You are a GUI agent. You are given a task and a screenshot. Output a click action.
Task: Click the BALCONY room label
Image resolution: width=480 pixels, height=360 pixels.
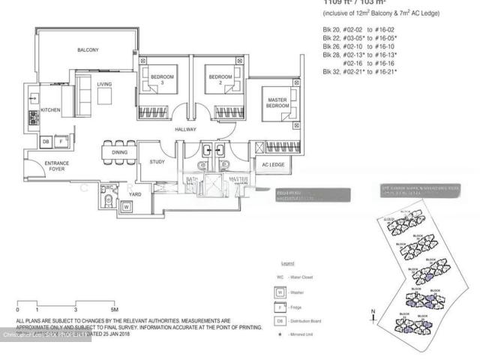coord(88,50)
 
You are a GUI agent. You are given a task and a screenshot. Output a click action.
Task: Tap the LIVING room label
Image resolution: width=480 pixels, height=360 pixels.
coord(104,84)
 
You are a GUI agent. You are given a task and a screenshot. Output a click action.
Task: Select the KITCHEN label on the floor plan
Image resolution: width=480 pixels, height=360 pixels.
coord(51,111)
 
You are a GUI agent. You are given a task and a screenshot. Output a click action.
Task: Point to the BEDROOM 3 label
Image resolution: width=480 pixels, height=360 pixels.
coord(163,79)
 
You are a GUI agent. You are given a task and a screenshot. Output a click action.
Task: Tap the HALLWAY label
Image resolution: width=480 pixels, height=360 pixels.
coord(185,130)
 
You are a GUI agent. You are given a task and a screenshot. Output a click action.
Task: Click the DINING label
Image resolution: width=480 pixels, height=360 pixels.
coord(120,152)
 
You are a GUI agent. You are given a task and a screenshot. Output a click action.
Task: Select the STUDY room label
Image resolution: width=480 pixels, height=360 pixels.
coord(157,161)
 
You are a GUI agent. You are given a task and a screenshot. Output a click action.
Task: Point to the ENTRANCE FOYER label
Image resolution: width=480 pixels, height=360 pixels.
coord(57,166)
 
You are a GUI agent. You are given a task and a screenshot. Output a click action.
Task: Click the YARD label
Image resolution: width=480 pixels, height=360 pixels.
coord(135,194)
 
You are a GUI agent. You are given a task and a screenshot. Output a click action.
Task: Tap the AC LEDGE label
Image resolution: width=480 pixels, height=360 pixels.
coord(273,165)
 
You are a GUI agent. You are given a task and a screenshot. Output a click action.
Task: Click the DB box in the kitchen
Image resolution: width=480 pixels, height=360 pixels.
coord(46,141)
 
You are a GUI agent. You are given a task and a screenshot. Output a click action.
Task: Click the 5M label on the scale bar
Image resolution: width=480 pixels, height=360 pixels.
coord(114,309)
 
